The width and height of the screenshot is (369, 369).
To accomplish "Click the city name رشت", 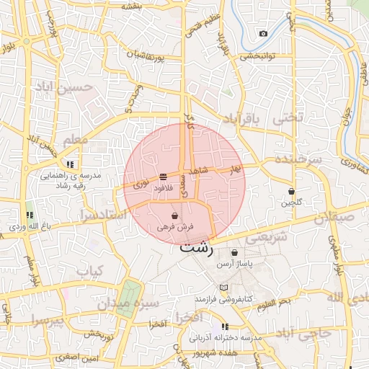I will pos(196,248).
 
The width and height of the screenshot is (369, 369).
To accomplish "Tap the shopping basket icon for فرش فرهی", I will pos(175,215).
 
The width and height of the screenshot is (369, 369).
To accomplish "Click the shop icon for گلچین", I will pos(291,192).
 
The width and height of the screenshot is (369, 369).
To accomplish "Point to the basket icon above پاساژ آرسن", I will pos(235,253).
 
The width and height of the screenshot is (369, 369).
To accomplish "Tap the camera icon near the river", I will pos(263,34).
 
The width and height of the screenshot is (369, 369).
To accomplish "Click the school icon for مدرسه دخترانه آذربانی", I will pos(225,326).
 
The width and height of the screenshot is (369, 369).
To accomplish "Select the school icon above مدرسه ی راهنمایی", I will pos(71,164).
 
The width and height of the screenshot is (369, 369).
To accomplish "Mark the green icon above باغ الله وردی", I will pos(30,215).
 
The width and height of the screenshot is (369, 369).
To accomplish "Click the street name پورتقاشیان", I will pos(152,55).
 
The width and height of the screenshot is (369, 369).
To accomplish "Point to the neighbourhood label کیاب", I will pos(91,272).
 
